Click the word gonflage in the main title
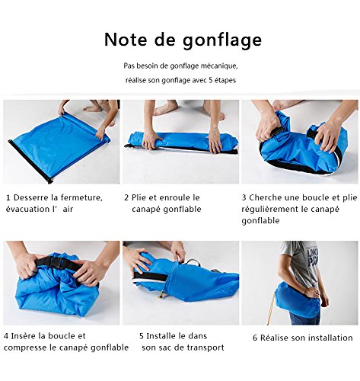pyautogui.click(x=222, y=40)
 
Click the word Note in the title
pyautogui.click(x=126, y=40)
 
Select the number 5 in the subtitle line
pyautogui.click(x=210, y=80)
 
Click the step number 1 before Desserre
pyautogui.click(x=8, y=197)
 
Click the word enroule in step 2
pyautogui.click(x=173, y=197)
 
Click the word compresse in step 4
pyautogui.click(x=26, y=347)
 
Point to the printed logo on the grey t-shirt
pyautogui.click(x=312, y=257)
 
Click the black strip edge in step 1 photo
pyautogui.click(x=30, y=161)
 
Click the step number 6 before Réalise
pyautogui.click(x=255, y=338)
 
